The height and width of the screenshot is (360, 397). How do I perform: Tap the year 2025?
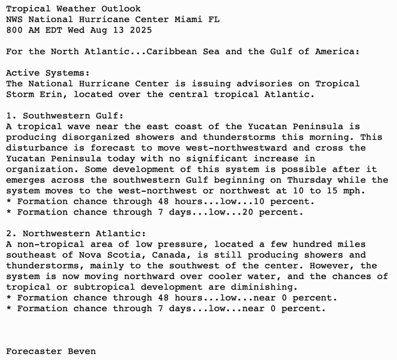tap(141, 30)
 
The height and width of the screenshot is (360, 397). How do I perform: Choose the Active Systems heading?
tap(48, 73)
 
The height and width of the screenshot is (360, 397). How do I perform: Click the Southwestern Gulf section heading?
tap(73, 116)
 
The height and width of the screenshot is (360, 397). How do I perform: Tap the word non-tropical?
tap(48, 244)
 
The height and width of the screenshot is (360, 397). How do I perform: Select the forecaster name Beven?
tap(81, 351)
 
